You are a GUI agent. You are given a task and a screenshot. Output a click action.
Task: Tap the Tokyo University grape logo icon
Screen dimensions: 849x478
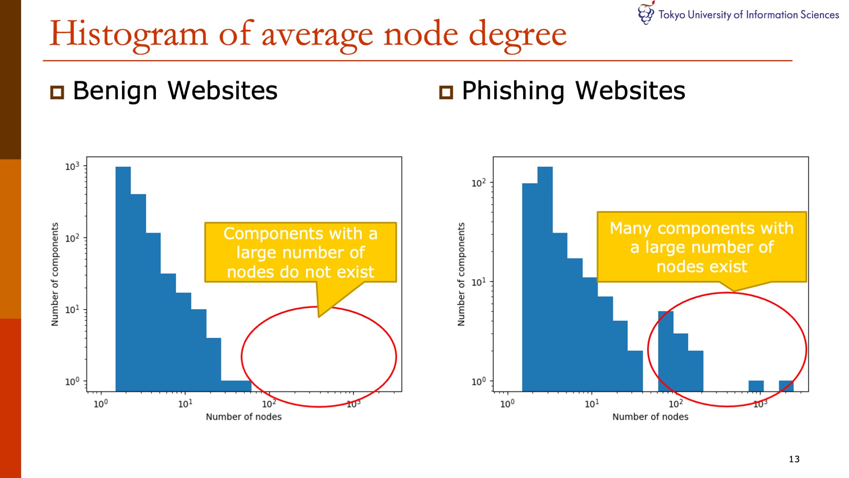(x=646, y=13)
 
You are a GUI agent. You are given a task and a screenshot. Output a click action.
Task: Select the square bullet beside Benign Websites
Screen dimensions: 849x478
(x=57, y=92)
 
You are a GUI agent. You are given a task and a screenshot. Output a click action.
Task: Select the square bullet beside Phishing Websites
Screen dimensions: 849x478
(x=446, y=92)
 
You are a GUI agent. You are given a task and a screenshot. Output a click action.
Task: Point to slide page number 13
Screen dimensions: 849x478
(x=794, y=459)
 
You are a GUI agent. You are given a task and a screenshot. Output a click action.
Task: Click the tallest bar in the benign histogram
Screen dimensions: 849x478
(x=123, y=279)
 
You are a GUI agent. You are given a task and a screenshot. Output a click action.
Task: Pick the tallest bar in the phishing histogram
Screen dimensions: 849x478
(x=545, y=279)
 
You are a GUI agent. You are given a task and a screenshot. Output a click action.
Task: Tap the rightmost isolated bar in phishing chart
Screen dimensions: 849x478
(x=786, y=386)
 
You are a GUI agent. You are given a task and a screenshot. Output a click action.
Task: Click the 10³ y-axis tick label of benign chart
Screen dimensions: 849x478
(x=72, y=166)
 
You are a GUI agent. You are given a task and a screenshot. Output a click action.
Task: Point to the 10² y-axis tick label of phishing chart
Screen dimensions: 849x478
(x=478, y=183)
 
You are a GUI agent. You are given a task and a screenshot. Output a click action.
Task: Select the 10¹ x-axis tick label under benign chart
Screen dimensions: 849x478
(x=185, y=403)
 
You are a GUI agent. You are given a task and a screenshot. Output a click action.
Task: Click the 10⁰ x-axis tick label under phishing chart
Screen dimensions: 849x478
(x=507, y=403)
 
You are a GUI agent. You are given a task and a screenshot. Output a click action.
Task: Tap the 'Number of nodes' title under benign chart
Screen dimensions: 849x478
(x=244, y=417)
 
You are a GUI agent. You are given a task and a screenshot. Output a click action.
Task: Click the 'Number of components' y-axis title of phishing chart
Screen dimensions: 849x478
(x=461, y=274)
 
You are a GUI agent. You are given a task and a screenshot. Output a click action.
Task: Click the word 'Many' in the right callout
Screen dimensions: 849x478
(x=630, y=228)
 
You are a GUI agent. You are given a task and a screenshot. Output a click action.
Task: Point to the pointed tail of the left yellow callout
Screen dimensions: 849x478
(x=319, y=317)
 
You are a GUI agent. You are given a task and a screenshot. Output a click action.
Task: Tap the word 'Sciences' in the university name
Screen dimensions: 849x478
(x=820, y=15)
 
